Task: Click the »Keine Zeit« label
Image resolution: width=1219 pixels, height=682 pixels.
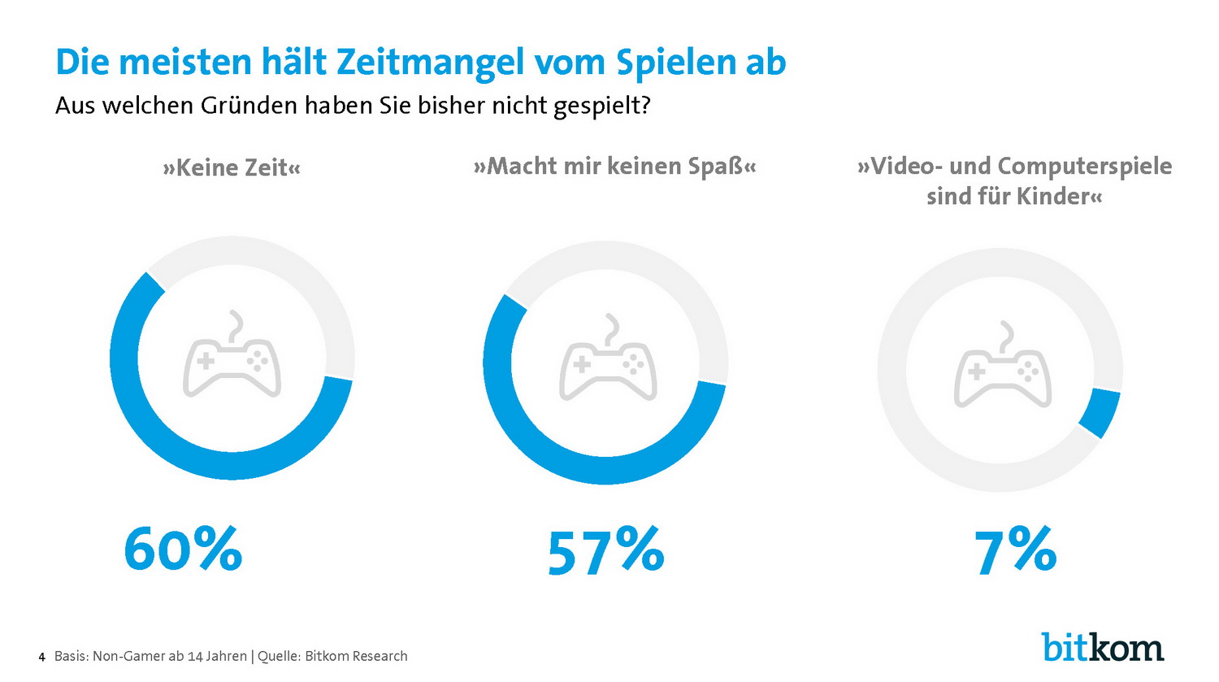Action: (x=232, y=168)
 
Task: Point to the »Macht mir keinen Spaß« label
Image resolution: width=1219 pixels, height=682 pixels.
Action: (x=614, y=167)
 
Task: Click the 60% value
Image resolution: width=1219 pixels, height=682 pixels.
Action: (x=183, y=549)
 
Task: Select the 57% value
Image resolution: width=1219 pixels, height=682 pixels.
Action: (x=605, y=551)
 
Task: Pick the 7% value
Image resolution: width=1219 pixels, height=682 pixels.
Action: (x=1016, y=550)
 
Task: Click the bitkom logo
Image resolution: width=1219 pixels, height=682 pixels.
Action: (x=1103, y=647)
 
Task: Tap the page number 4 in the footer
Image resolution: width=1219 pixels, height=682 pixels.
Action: (x=41, y=657)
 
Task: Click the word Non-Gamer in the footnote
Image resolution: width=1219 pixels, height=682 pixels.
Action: (x=128, y=656)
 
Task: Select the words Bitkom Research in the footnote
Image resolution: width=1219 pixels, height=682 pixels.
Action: (x=356, y=656)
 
